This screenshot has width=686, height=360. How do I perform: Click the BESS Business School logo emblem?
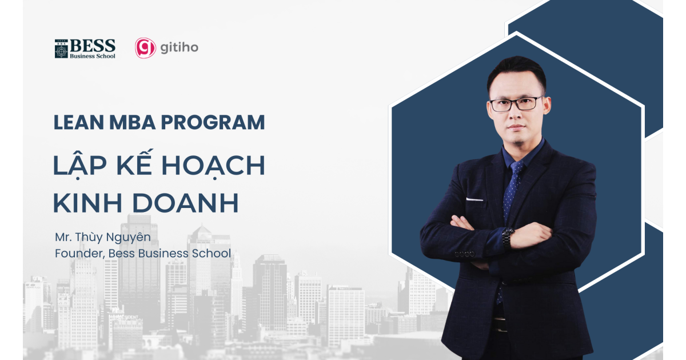[x=61, y=49]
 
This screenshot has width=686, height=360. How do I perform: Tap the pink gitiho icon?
[x=145, y=48]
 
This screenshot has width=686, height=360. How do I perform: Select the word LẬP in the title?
[x=76, y=165]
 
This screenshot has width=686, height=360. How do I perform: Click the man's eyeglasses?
[x=516, y=104]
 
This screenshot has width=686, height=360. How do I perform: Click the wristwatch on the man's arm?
[x=508, y=235]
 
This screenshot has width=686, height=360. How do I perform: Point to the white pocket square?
[x=474, y=199]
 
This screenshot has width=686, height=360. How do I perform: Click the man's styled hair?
[x=516, y=71]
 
